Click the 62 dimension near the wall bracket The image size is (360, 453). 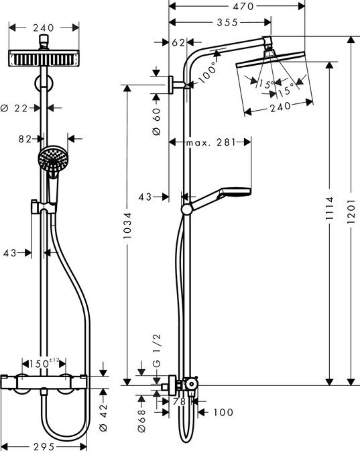(x=178, y=42)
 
